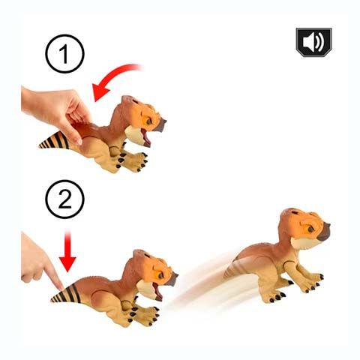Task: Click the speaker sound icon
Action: tap(314, 42)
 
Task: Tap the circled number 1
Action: tap(64, 54)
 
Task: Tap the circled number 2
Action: tap(64, 199)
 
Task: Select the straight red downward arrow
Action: tap(67, 251)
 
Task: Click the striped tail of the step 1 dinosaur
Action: tap(54, 141)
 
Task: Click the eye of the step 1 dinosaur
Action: tap(149, 121)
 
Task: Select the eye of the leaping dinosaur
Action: tap(311, 229)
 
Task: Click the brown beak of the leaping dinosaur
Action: tap(324, 232)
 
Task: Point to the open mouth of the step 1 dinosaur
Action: tap(146, 137)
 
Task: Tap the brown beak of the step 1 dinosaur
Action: tap(160, 124)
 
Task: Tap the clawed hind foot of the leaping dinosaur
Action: tap(275, 295)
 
